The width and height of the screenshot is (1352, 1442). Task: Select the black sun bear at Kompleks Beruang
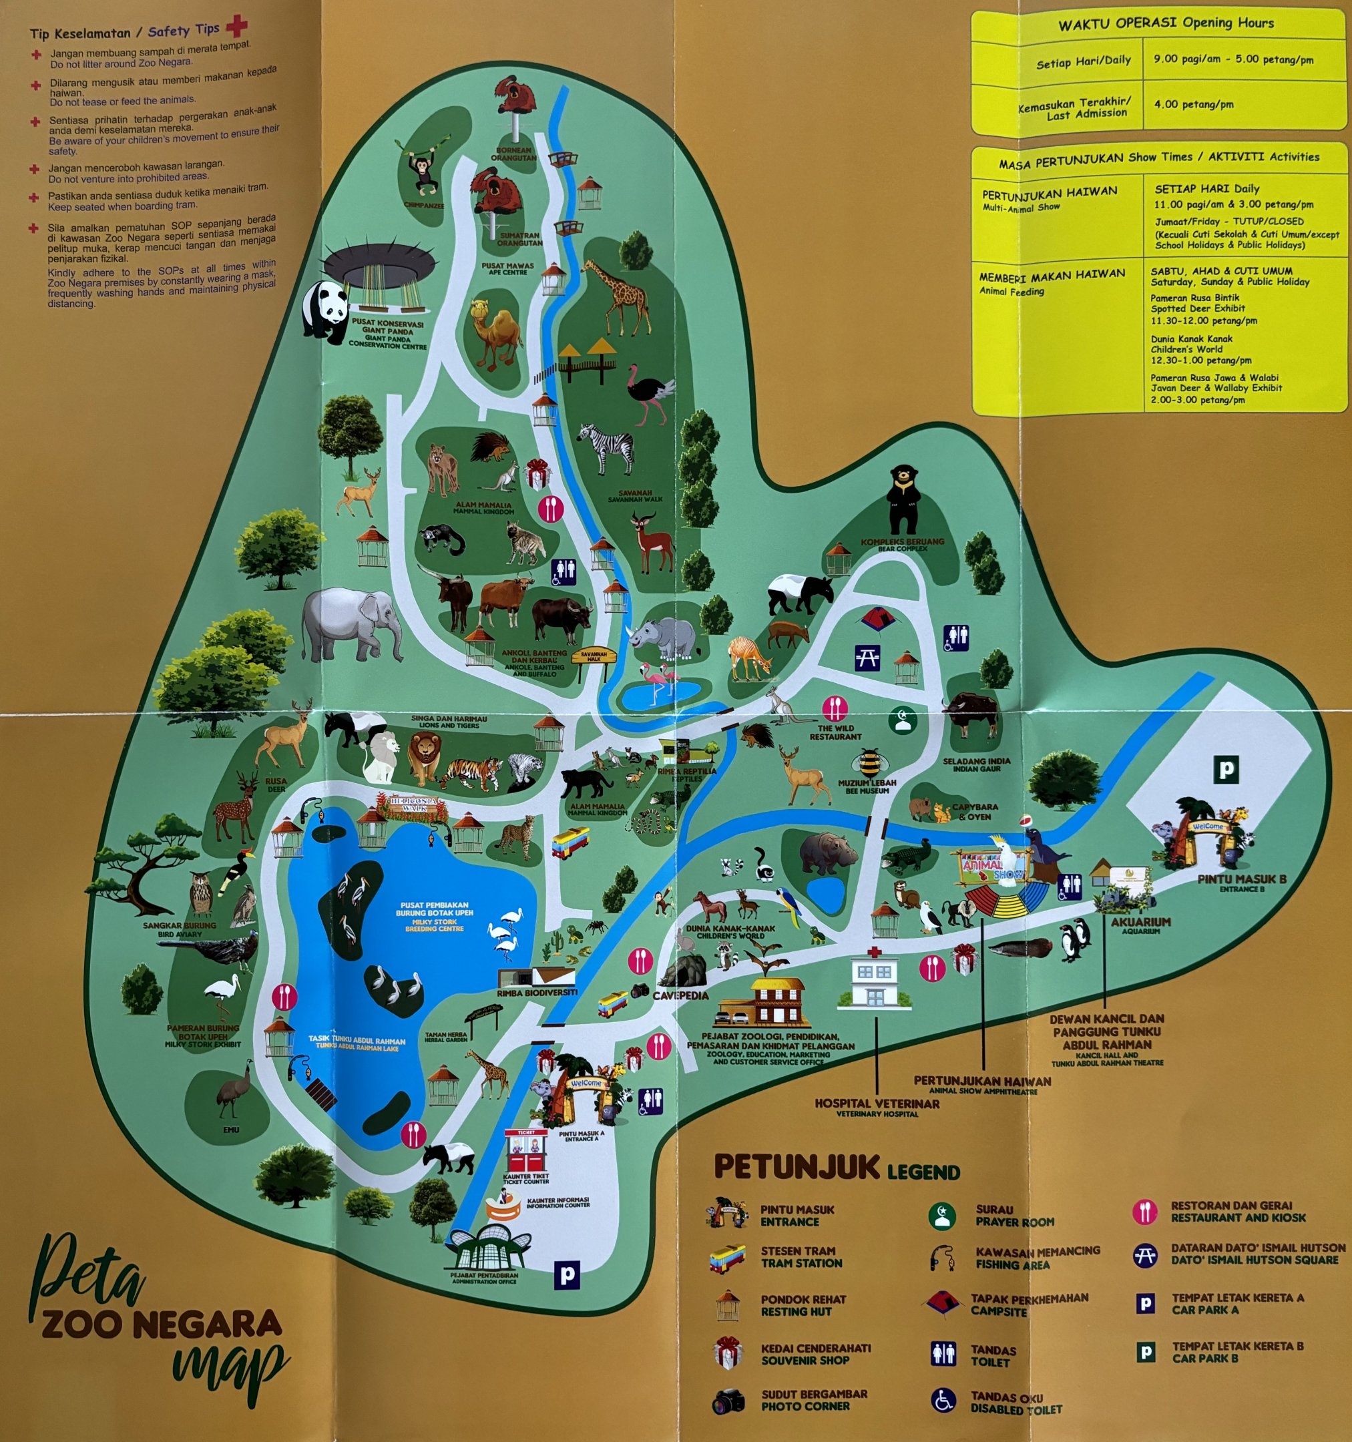(902, 500)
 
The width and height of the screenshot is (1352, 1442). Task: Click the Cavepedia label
(680, 995)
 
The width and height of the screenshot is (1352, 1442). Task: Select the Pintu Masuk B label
(1241, 879)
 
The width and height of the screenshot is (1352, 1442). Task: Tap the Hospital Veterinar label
(876, 1104)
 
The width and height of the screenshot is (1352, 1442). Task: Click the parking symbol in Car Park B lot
(1227, 768)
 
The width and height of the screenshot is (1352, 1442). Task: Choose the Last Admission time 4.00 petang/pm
(1193, 103)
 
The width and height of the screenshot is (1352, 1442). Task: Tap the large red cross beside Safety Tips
(236, 27)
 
